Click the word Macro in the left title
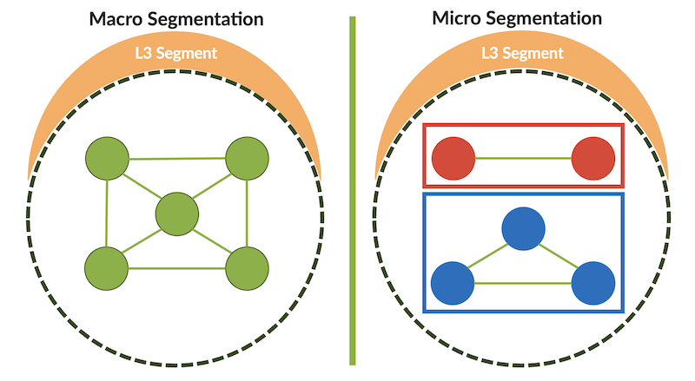tap(121, 16)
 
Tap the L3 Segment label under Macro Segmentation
tap(176, 53)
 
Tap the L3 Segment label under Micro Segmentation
tap(523, 53)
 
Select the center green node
tap(177, 213)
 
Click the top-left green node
tap(107, 160)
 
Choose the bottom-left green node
tap(107, 268)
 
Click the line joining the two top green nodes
tap(177, 159)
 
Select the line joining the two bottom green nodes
tap(177, 268)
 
